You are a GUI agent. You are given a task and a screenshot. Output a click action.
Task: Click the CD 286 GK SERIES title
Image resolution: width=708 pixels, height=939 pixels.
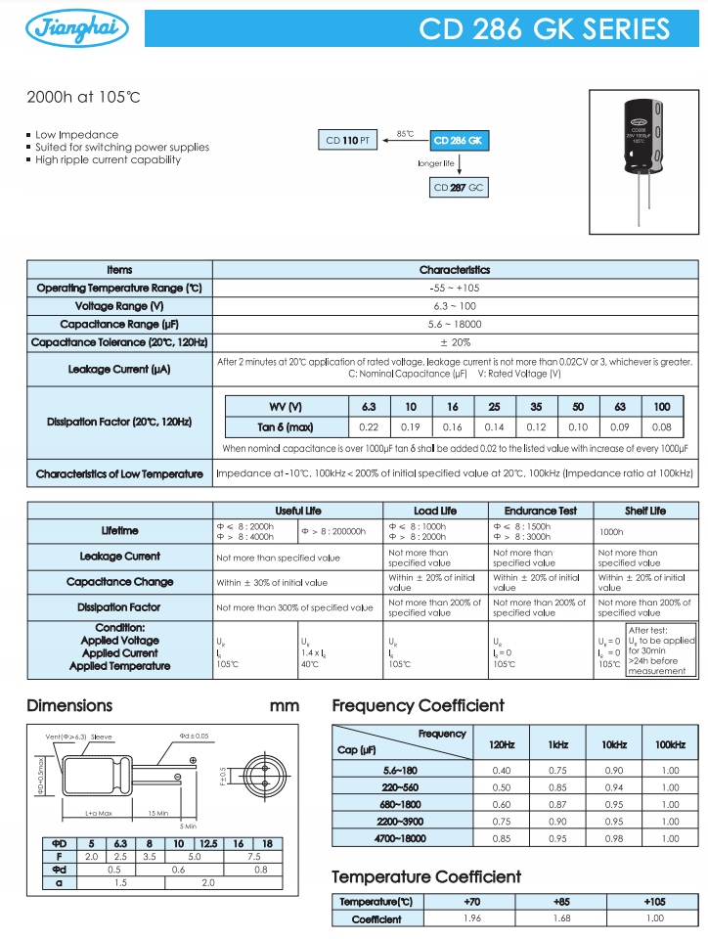click(545, 28)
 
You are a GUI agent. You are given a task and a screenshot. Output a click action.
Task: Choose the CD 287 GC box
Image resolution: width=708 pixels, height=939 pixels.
click(459, 187)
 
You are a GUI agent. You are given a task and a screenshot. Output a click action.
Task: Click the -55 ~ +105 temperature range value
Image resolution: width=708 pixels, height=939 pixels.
click(455, 288)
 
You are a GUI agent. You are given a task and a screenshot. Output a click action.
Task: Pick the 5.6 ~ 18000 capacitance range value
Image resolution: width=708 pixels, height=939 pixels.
click(455, 324)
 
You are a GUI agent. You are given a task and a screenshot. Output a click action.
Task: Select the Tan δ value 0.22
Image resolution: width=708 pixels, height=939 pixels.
click(369, 427)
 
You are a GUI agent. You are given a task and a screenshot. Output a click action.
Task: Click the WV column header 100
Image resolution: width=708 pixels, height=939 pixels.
click(662, 407)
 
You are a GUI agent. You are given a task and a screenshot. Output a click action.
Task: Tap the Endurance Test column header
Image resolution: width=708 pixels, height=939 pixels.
click(541, 511)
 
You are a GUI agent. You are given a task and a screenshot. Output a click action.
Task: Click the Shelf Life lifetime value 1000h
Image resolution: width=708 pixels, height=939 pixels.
click(611, 531)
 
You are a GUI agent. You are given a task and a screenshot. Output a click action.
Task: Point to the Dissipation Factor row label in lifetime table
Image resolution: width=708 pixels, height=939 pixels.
click(120, 607)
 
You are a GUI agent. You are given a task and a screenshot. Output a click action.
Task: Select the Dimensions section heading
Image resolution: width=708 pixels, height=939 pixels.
click(69, 705)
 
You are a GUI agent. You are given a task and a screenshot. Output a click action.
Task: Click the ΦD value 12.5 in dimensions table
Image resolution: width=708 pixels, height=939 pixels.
click(207, 843)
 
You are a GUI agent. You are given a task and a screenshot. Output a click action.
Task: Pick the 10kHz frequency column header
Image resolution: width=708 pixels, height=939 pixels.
click(614, 744)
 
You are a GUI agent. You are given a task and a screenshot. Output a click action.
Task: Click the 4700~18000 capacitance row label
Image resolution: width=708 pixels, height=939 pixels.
click(401, 838)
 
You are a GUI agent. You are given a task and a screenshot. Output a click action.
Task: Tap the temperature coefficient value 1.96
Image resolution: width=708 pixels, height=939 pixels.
click(473, 918)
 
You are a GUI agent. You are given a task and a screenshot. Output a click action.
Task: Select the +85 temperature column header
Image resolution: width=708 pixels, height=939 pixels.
click(563, 901)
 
